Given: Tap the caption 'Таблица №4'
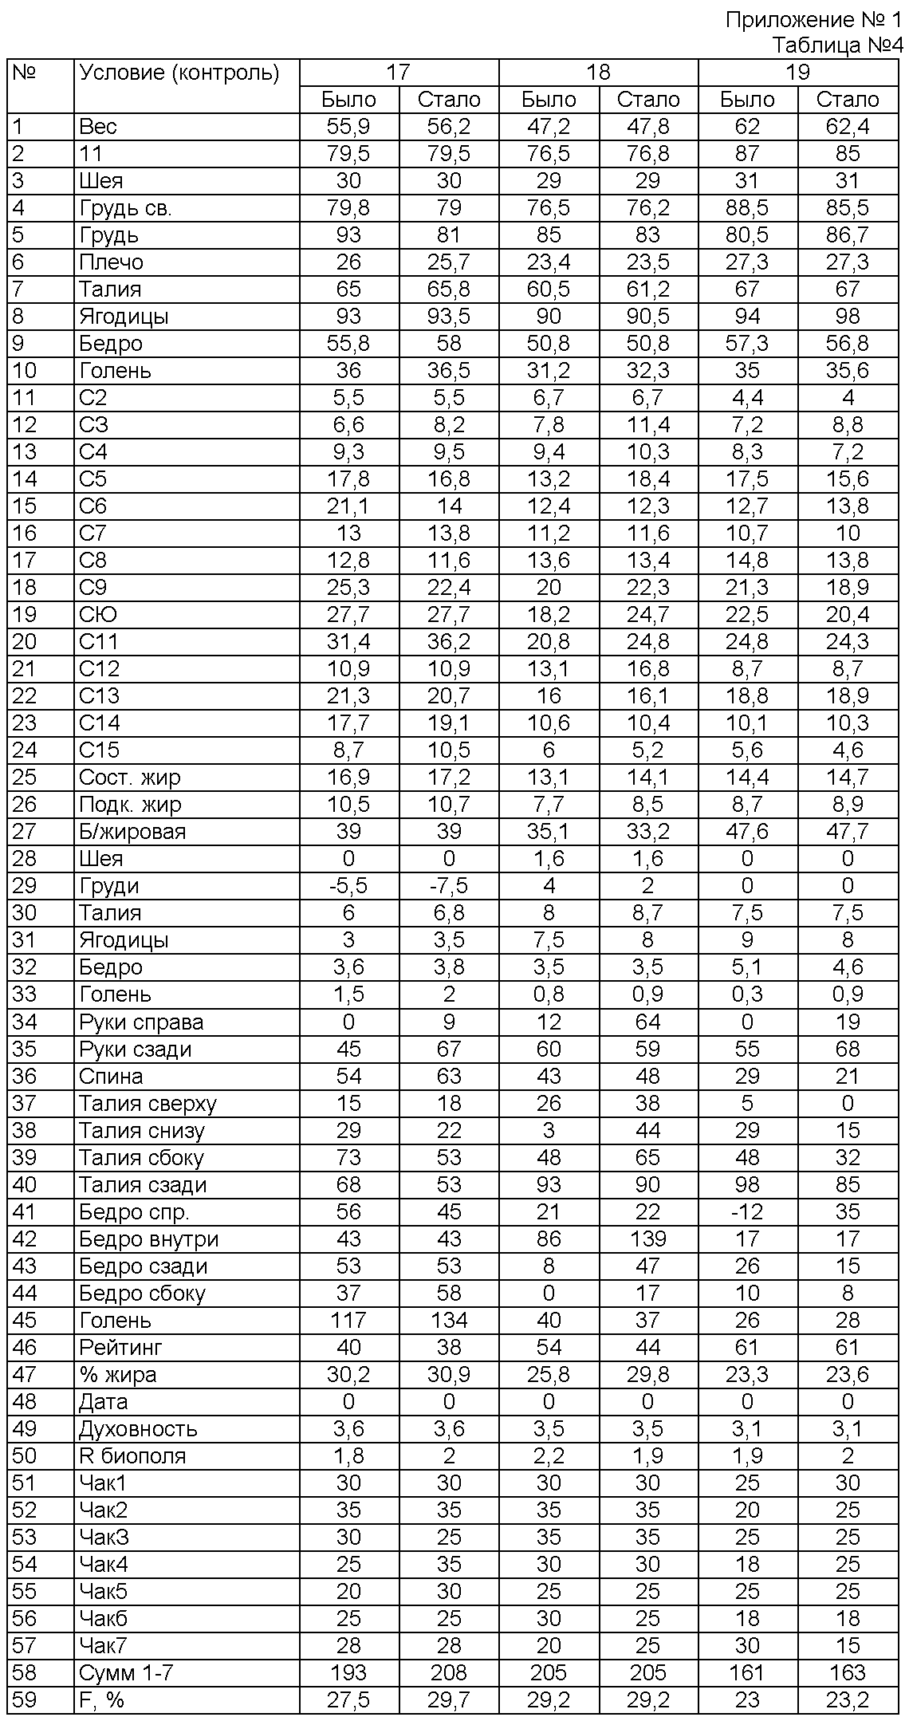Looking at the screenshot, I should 837,45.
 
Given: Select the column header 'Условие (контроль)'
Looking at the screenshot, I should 179,73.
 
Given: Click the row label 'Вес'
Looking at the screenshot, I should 98,127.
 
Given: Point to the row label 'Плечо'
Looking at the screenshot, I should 111,262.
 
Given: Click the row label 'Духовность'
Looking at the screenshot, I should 138,1428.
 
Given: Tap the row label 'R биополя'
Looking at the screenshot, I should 132,1455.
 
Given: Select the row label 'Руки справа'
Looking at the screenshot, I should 141,1022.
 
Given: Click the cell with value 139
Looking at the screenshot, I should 647,1239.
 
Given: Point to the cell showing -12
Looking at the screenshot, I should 747,1211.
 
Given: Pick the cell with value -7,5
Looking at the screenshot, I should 449,886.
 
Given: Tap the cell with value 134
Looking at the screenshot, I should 449,1320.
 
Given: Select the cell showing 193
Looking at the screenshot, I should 348,1672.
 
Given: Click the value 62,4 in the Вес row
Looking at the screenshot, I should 847,127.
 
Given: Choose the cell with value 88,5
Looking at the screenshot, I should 747,208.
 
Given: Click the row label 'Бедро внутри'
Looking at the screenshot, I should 148,1239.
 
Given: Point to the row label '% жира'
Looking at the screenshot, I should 117,1374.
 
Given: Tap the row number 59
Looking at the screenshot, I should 25,1699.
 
